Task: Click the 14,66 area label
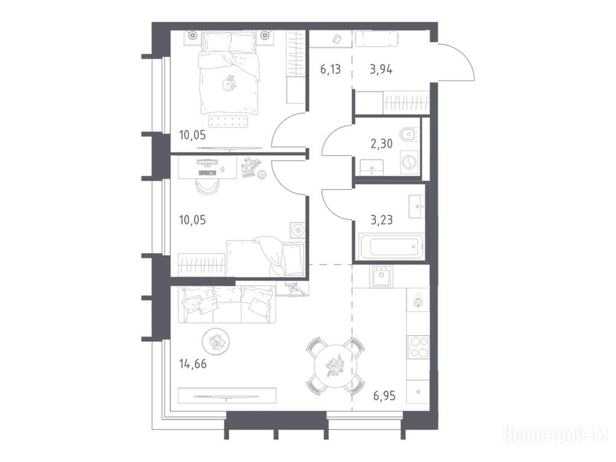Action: (x=193, y=364)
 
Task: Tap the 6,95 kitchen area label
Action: (x=384, y=396)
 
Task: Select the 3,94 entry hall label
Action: (x=381, y=70)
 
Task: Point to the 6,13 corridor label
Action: (x=330, y=70)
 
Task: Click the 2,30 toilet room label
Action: (x=381, y=144)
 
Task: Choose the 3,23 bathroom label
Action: (x=381, y=220)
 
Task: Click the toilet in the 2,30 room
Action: (x=410, y=134)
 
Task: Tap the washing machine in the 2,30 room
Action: (x=410, y=163)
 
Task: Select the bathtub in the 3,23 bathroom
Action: (x=391, y=246)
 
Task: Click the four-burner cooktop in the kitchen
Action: (x=418, y=347)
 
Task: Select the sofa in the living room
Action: (x=227, y=305)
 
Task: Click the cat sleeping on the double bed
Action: (x=228, y=83)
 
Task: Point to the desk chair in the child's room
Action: (x=208, y=187)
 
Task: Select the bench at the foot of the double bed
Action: (x=228, y=121)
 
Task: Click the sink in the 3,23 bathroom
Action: (x=417, y=206)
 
